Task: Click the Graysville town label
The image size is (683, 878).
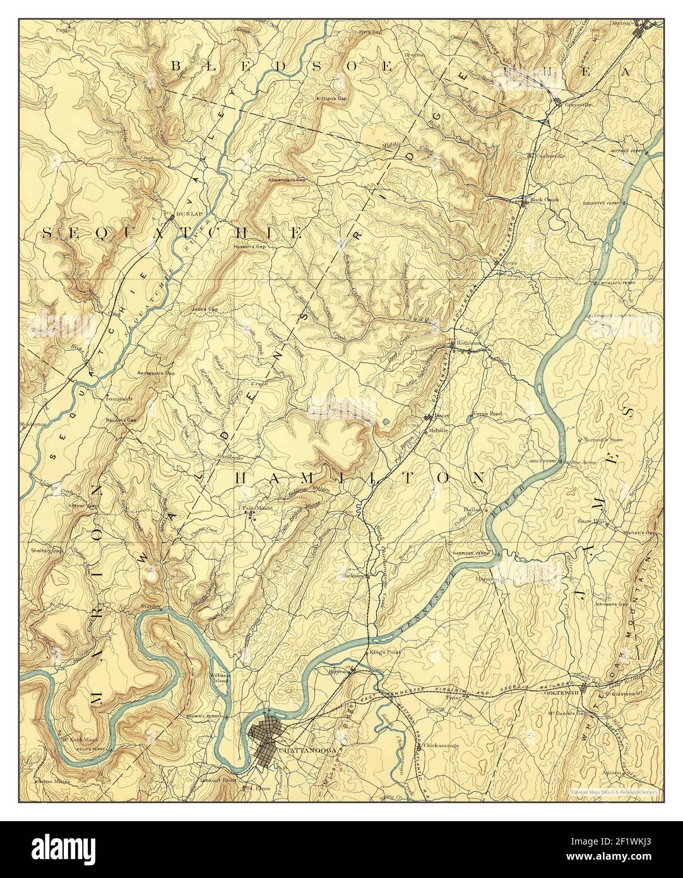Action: coord(578,104)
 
